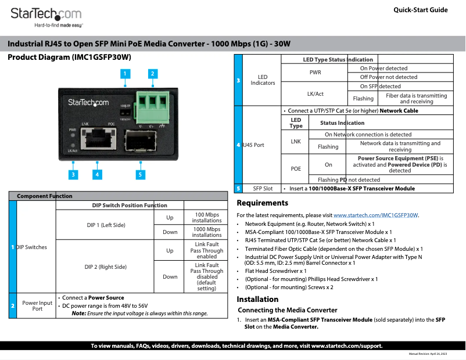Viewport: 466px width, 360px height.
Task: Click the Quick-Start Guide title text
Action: point(420,10)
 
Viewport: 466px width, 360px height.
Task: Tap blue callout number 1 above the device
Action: point(124,74)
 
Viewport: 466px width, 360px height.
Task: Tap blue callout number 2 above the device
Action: point(152,74)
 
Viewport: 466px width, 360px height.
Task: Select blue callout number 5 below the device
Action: point(140,174)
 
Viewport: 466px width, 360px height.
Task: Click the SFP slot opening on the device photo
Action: point(140,141)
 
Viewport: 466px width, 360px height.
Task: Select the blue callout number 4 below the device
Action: point(98,174)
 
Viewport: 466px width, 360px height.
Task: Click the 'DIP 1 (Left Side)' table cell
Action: point(106,224)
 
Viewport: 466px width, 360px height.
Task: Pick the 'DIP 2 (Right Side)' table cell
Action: point(106,267)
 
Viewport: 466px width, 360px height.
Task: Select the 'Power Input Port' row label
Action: point(37,305)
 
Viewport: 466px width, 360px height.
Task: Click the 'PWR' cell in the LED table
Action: point(315,73)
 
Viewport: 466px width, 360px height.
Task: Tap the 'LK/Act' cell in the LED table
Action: point(315,93)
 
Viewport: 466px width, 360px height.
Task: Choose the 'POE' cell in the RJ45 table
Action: point(296,168)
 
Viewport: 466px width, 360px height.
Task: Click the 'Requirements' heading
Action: point(262,203)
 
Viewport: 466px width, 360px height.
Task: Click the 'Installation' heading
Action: point(257,299)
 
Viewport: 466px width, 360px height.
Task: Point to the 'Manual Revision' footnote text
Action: point(428,354)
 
